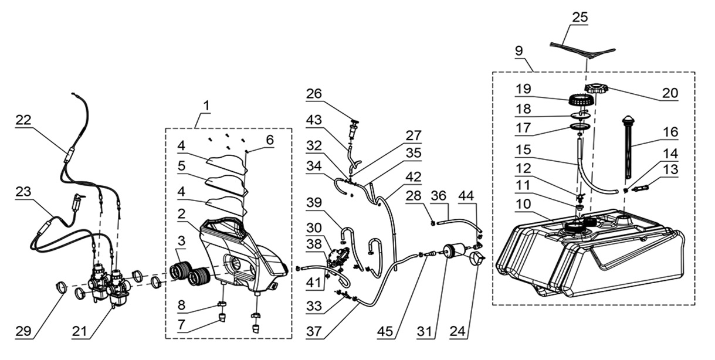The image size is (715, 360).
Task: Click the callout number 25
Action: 580,18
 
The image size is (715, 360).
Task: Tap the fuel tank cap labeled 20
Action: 593,90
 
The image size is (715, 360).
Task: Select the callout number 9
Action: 519,50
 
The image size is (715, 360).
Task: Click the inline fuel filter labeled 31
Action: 454,252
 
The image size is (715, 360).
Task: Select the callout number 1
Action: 206,106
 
